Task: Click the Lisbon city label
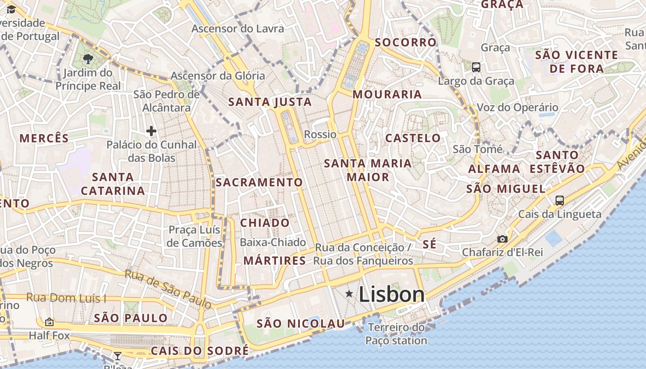click(391, 294)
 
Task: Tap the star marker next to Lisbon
click(349, 294)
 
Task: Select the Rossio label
click(320, 134)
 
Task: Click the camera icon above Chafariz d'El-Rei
click(502, 239)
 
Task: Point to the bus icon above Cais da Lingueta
click(560, 200)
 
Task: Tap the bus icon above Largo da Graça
click(476, 67)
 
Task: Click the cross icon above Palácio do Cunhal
click(151, 131)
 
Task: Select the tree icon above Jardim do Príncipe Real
click(88, 59)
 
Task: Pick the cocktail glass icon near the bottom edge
click(118, 356)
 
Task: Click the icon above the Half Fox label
click(49, 321)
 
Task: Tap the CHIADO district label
click(265, 223)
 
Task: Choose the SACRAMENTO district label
click(259, 182)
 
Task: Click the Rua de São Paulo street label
click(168, 289)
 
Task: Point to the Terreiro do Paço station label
click(396, 334)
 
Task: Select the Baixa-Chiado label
click(273, 242)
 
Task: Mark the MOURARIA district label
click(387, 95)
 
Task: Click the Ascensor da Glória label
click(218, 76)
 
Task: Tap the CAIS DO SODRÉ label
click(199, 351)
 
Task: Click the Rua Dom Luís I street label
click(66, 298)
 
